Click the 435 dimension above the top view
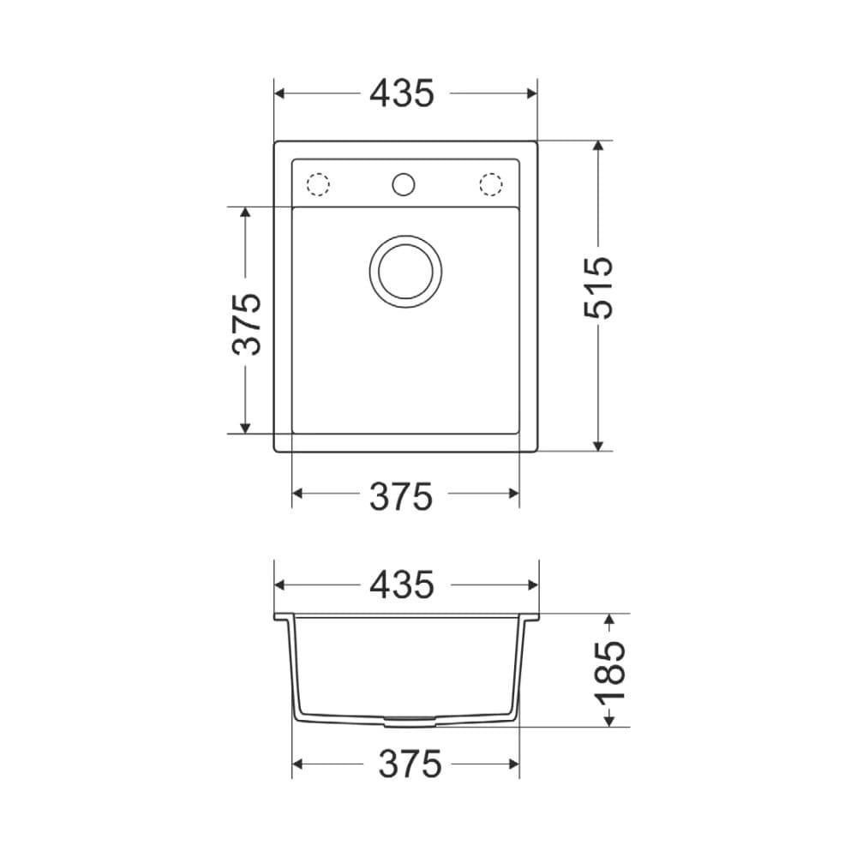403,93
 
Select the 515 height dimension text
600,288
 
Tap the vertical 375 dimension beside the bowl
247,324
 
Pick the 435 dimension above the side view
403,585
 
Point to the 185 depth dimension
610,671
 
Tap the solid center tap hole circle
403,183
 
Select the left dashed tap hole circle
318,184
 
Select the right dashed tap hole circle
490,184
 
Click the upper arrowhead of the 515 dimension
599,147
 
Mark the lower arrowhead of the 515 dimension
599,444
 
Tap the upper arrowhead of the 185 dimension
608,620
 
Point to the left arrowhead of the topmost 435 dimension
280,93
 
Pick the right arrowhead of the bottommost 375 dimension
513,764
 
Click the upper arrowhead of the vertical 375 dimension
246,213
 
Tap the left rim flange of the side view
280,616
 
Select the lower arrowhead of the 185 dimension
608,720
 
